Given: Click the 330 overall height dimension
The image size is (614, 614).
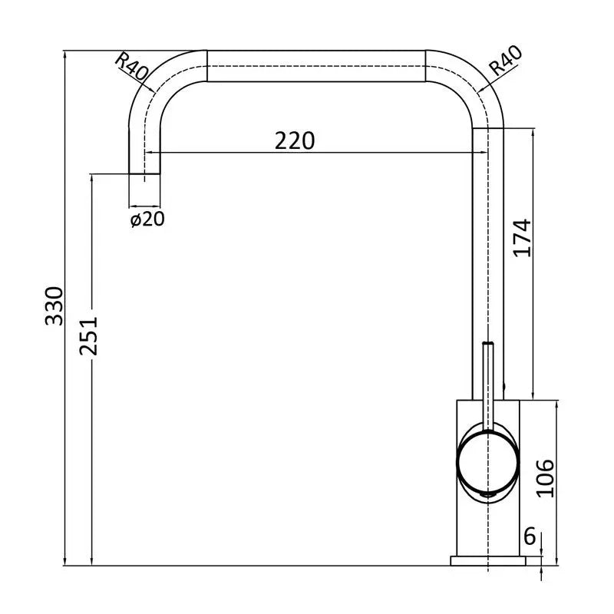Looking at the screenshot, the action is [54, 306].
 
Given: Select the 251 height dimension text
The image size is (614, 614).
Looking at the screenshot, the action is [88, 336].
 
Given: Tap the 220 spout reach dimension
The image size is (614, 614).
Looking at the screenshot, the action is [295, 141].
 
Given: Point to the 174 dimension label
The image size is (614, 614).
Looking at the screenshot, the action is [523, 238].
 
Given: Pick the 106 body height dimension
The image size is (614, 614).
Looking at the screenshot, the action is [545, 478].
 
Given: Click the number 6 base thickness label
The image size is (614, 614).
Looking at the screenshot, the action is [530, 536].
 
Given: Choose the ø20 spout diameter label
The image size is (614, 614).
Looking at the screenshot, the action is [147, 220].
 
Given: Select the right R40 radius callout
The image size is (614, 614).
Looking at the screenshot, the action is [506, 61].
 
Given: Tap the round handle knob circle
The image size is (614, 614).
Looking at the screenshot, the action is [488, 461].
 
